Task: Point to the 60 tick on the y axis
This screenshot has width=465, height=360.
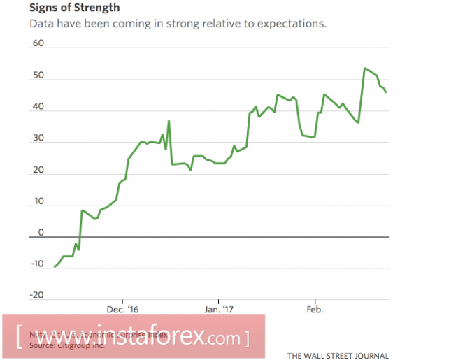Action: point(38,43)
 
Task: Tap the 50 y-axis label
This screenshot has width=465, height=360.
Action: point(38,75)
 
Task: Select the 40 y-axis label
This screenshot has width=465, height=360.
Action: point(38,107)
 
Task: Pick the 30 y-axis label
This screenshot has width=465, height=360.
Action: point(38,138)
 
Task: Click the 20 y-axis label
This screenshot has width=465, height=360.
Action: point(38,171)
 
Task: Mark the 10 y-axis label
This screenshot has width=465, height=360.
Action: point(38,202)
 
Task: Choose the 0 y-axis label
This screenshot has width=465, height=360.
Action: point(41,233)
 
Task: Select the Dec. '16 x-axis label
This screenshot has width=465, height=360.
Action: point(122,309)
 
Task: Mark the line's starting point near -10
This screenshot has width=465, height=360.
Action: point(54,267)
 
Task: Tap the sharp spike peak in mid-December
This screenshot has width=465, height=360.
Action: point(169,121)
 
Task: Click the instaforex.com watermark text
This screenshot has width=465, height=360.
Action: point(133,337)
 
